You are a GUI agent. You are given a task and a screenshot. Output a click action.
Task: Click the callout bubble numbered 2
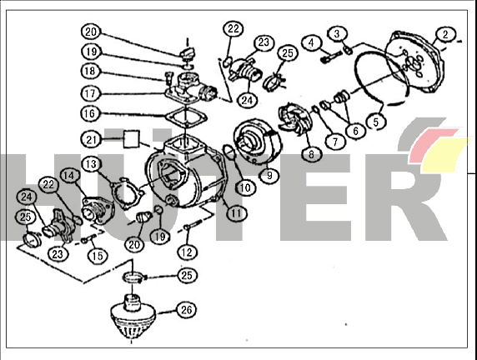click(445, 34)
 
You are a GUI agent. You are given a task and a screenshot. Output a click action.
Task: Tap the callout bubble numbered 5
click(376, 122)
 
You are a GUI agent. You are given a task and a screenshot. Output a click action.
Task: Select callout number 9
click(269, 176)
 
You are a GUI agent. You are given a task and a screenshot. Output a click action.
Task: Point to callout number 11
click(236, 213)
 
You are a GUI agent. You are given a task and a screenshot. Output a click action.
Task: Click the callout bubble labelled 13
click(91, 164)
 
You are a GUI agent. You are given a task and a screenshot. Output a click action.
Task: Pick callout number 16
click(89, 113)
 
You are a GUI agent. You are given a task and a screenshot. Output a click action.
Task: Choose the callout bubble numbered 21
click(91, 140)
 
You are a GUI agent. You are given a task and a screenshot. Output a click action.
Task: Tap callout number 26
click(187, 310)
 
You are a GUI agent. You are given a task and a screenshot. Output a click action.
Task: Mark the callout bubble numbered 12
click(187, 252)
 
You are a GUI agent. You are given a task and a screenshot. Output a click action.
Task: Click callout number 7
click(335, 142)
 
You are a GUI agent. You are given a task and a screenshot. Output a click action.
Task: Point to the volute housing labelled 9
click(258, 141)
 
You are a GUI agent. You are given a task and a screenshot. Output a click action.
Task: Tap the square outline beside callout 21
click(132, 139)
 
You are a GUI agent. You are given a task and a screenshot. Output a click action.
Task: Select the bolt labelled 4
click(331, 57)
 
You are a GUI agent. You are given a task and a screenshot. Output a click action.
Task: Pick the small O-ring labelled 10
click(228, 152)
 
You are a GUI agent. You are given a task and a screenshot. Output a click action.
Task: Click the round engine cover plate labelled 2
click(415, 62)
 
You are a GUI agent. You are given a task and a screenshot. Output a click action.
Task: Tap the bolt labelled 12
click(194, 225)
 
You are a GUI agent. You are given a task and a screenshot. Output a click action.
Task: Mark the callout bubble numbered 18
click(90, 71)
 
